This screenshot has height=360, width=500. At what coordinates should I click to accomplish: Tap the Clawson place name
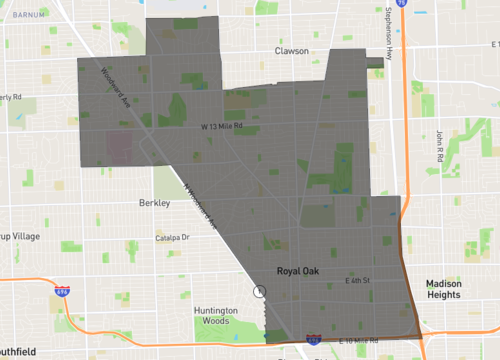tap(296, 50)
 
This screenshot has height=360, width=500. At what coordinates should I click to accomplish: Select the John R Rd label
tap(439, 146)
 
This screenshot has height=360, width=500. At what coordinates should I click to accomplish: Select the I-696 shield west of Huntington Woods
tap(62, 291)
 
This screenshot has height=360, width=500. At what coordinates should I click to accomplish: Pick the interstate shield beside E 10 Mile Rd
tap(313, 342)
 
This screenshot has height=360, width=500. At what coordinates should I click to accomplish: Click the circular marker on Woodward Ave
tap(260, 292)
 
